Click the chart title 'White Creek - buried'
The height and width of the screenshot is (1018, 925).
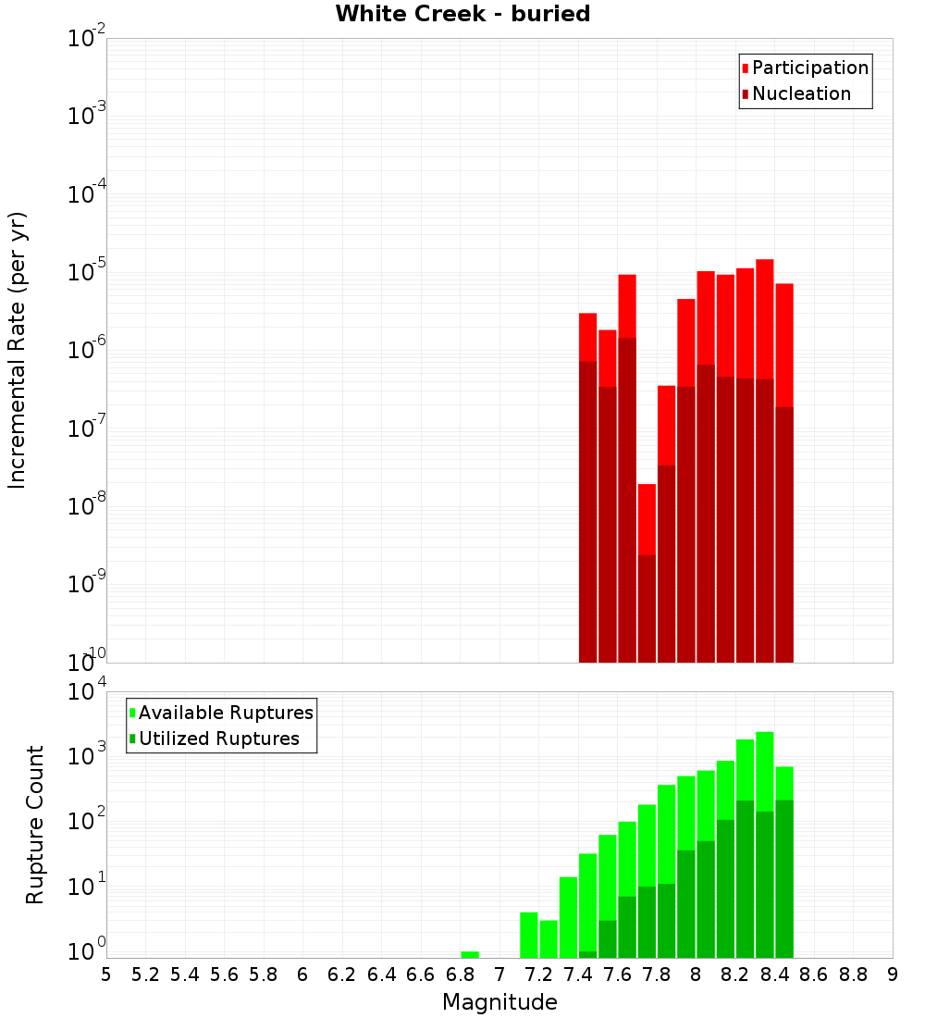(x=462, y=14)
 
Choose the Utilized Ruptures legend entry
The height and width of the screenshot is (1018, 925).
(x=218, y=739)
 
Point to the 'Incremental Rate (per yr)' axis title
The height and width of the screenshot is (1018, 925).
(x=18, y=351)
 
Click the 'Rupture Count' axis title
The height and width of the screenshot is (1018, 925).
(x=35, y=825)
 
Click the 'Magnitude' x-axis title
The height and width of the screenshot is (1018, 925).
(x=499, y=1002)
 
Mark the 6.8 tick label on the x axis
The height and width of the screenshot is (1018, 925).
(x=460, y=975)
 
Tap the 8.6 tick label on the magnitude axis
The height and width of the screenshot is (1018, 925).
(x=814, y=975)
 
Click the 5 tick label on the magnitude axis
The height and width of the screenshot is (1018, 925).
(x=106, y=975)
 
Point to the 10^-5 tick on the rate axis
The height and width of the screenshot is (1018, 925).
(x=88, y=272)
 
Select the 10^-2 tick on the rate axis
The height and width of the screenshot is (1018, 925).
(x=88, y=39)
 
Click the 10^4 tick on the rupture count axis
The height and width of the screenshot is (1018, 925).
(x=88, y=692)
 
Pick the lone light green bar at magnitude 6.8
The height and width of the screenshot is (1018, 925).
(x=470, y=954)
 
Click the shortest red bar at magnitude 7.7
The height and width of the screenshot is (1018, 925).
(x=647, y=518)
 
